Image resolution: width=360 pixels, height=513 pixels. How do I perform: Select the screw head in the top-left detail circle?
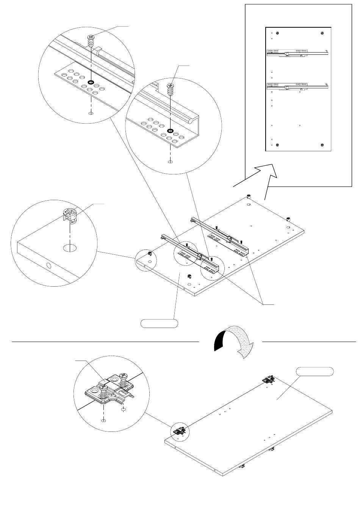(x=91, y=37)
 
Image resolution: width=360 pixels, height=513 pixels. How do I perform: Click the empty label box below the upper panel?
(x=159, y=323)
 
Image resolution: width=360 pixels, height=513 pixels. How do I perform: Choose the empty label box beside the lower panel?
(x=315, y=371)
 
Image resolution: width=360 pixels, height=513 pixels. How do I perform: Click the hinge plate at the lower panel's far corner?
(x=269, y=380)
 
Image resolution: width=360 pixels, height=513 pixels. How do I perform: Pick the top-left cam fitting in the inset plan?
(x=277, y=32)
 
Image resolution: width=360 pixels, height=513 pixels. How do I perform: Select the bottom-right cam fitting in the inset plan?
(x=322, y=145)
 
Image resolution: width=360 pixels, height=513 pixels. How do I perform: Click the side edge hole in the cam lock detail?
(x=49, y=266)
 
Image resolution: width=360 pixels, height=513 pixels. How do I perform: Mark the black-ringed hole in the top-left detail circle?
(x=91, y=82)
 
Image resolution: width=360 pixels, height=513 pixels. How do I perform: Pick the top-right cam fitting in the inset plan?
(x=322, y=32)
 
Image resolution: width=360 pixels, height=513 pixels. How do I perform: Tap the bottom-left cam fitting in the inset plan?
(x=277, y=145)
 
